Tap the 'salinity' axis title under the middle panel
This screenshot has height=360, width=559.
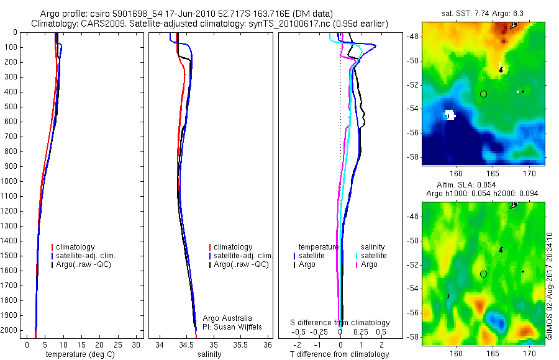point(209,354)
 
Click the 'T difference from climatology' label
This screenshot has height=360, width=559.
point(339,354)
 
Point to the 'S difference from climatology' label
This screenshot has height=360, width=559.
point(340,323)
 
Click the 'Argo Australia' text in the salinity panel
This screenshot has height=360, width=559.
point(227,318)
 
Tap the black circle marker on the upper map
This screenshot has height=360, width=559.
point(484,94)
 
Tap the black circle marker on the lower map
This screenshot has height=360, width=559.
point(484,274)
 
